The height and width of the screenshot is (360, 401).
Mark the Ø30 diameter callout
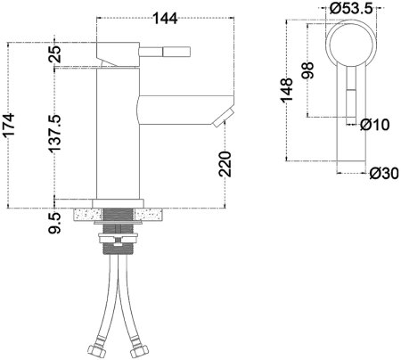click(381, 172)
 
